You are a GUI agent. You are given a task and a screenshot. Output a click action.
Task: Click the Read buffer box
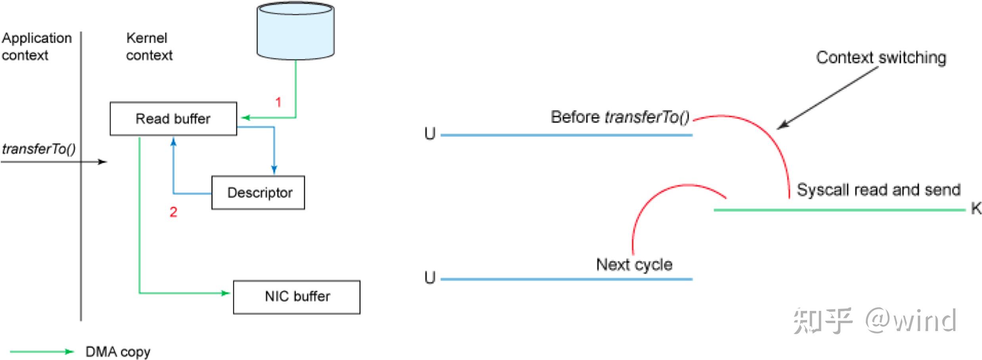coord(173,119)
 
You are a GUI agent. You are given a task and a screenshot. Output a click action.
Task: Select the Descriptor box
coord(258,193)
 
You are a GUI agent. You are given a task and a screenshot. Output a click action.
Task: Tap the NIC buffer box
coord(297,297)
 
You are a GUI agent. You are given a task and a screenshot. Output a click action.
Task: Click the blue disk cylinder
coord(295,31)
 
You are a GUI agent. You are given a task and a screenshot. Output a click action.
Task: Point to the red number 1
coord(278,102)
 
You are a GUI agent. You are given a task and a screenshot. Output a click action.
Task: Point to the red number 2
coord(173,212)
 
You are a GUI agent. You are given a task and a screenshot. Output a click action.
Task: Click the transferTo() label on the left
coord(38,149)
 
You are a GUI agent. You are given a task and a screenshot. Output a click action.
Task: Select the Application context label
coord(36,46)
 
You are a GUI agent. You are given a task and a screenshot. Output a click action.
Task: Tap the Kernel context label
coord(149,46)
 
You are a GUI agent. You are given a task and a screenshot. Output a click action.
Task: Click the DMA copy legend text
coord(118,352)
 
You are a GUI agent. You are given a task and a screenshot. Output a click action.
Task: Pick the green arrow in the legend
coord(42,351)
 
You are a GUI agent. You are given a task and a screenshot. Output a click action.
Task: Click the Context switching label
coord(881,58)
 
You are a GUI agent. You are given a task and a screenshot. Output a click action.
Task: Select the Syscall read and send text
coord(878,190)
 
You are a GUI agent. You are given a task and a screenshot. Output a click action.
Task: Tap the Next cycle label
coord(634,264)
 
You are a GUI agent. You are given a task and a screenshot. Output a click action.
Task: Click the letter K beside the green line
coord(976,208)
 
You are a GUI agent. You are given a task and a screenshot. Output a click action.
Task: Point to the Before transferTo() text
coord(620,117)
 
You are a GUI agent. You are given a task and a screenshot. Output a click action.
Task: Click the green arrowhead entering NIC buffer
coord(225,293)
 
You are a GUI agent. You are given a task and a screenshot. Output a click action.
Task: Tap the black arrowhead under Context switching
coord(782,125)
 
